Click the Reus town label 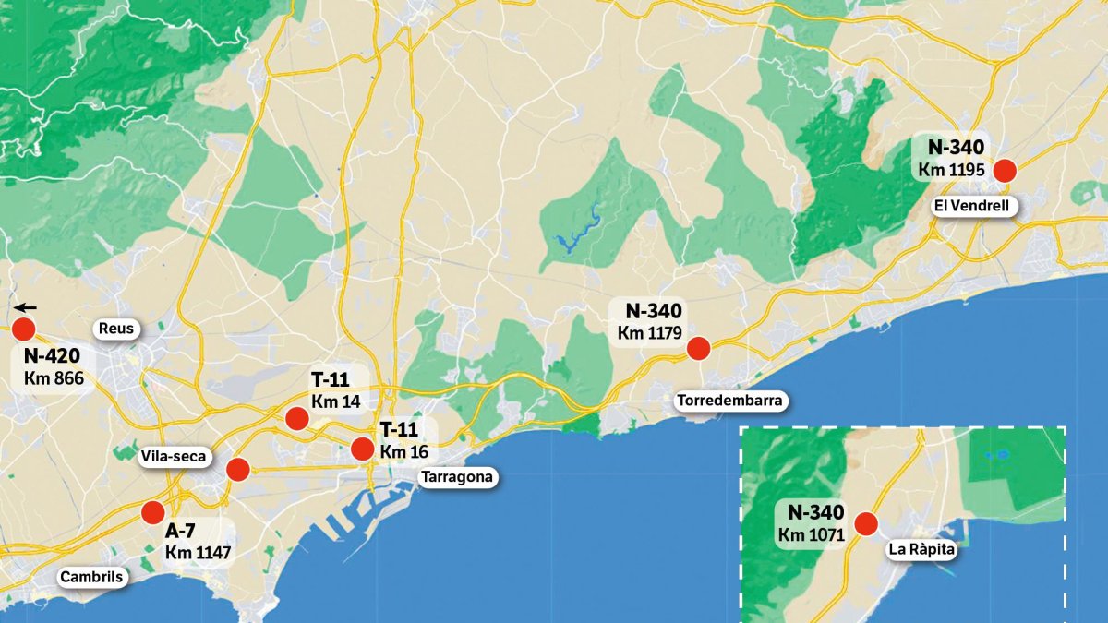pos(116,329)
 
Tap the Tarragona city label pos(457,477)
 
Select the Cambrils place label pos(90,578)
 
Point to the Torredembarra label pos(729,401)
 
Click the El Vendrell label pos(976,206)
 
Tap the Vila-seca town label pos(175,456)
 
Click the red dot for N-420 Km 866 pos(23,329)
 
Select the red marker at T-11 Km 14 pos(296,418)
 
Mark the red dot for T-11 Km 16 pos(363,449)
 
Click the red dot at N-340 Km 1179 pos(698,348)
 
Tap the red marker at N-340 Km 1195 pos(1004,170)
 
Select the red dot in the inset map pos(866,524)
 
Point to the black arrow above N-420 pos(25,308)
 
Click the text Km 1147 pos(198,553)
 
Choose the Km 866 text pos(54,377)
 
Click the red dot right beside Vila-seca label pos(237,469)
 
